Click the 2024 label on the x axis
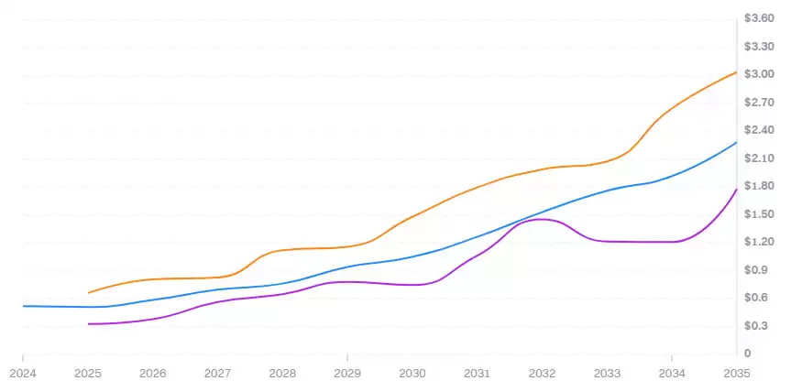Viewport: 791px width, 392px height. pos(22,374)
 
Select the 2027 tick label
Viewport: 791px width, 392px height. pos(217,374)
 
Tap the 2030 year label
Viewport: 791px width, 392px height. pos(412,374)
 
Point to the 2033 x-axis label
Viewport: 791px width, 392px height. pos(607,374)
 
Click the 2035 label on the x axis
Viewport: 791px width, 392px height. pos(737,374)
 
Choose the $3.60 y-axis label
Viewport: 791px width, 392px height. pos(760,18)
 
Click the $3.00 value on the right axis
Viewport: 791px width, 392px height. pos(760,74)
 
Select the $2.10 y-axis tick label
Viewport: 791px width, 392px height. pos(760,158)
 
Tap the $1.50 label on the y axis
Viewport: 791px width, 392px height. pos(760,214)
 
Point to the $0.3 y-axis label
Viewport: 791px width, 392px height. pos(757,326)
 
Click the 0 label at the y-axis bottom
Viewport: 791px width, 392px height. pos(747,354)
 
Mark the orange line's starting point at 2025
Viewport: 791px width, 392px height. pos(88,293)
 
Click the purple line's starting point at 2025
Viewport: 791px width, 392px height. pos(88,324)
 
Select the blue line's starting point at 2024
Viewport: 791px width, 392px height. pos(23,306)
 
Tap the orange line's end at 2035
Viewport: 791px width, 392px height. pos(737,71)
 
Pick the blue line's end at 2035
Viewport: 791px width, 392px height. pos(737,142)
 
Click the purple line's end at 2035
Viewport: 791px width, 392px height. pos(737,189)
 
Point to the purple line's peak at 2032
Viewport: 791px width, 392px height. pos(542,219)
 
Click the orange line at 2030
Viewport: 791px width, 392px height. pos(412,217)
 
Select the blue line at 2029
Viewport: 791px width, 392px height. pos(347,267)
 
